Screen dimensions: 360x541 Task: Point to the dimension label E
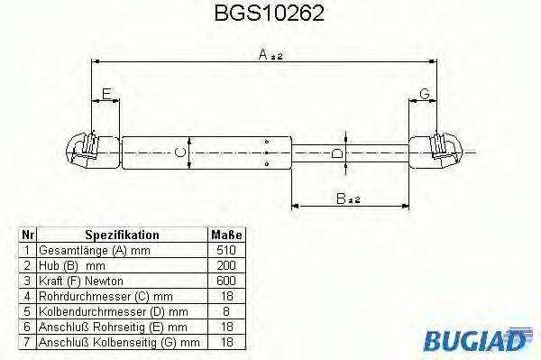[x=106, y=94]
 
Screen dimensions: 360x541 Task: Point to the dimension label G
[x=423, y=94]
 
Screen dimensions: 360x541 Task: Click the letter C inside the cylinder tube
[x=180, y=152]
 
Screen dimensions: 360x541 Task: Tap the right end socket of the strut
[x=440, y=152]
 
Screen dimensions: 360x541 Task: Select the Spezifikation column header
[x=122, y=235]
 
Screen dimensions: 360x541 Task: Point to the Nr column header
[x=28, y=235]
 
